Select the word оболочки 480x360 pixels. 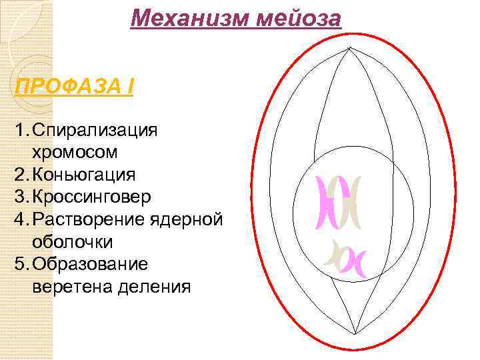pyautogui.click(x=72, y=241)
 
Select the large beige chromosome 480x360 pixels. pyautogui.click(x=351, y=203)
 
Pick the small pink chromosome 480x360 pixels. pyautogui.click(x=353, y=261)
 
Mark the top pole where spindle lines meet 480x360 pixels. pyautogui.click(x=349, y=48)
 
